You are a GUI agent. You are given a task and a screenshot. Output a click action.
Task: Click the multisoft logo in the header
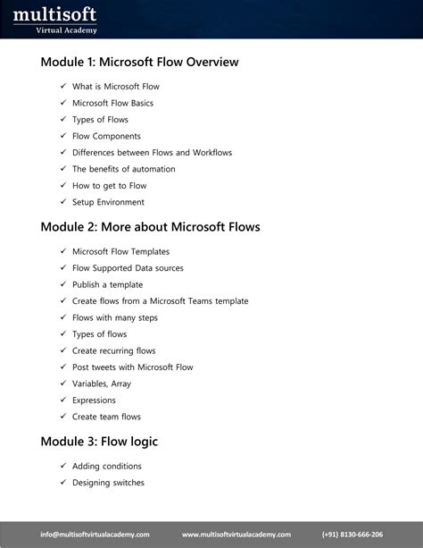click(x=54, y=19)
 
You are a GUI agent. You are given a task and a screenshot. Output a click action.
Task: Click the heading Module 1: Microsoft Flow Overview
click(x=139, y=63)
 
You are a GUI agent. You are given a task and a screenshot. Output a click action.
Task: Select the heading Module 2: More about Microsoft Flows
click(x=150, y=227)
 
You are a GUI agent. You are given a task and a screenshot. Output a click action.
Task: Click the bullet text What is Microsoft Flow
click(x=116, y=87)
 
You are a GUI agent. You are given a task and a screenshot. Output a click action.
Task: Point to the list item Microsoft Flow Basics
click(x=112, y=103)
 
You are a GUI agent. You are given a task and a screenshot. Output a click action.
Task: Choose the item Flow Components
click(x=106, y=136)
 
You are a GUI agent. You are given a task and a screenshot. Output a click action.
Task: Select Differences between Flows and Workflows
click(x=152, y=153)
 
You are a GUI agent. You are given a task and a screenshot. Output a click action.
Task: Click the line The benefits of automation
click(x=123, y=169)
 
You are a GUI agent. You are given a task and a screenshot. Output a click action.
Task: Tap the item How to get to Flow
click(x=109, y=186)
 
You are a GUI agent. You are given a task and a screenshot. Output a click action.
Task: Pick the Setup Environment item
click(x=108, y=202)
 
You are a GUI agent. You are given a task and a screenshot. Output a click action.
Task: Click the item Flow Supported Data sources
click(x=128, y=268)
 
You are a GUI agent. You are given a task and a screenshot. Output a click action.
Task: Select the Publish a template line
click(x=107, y=284)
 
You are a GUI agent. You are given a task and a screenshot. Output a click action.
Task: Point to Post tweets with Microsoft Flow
click(x=132, y=367)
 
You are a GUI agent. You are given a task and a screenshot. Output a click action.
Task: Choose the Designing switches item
click(x=108, y=483)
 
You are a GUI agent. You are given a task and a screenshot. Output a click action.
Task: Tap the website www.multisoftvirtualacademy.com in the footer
click(x=236, y=534)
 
